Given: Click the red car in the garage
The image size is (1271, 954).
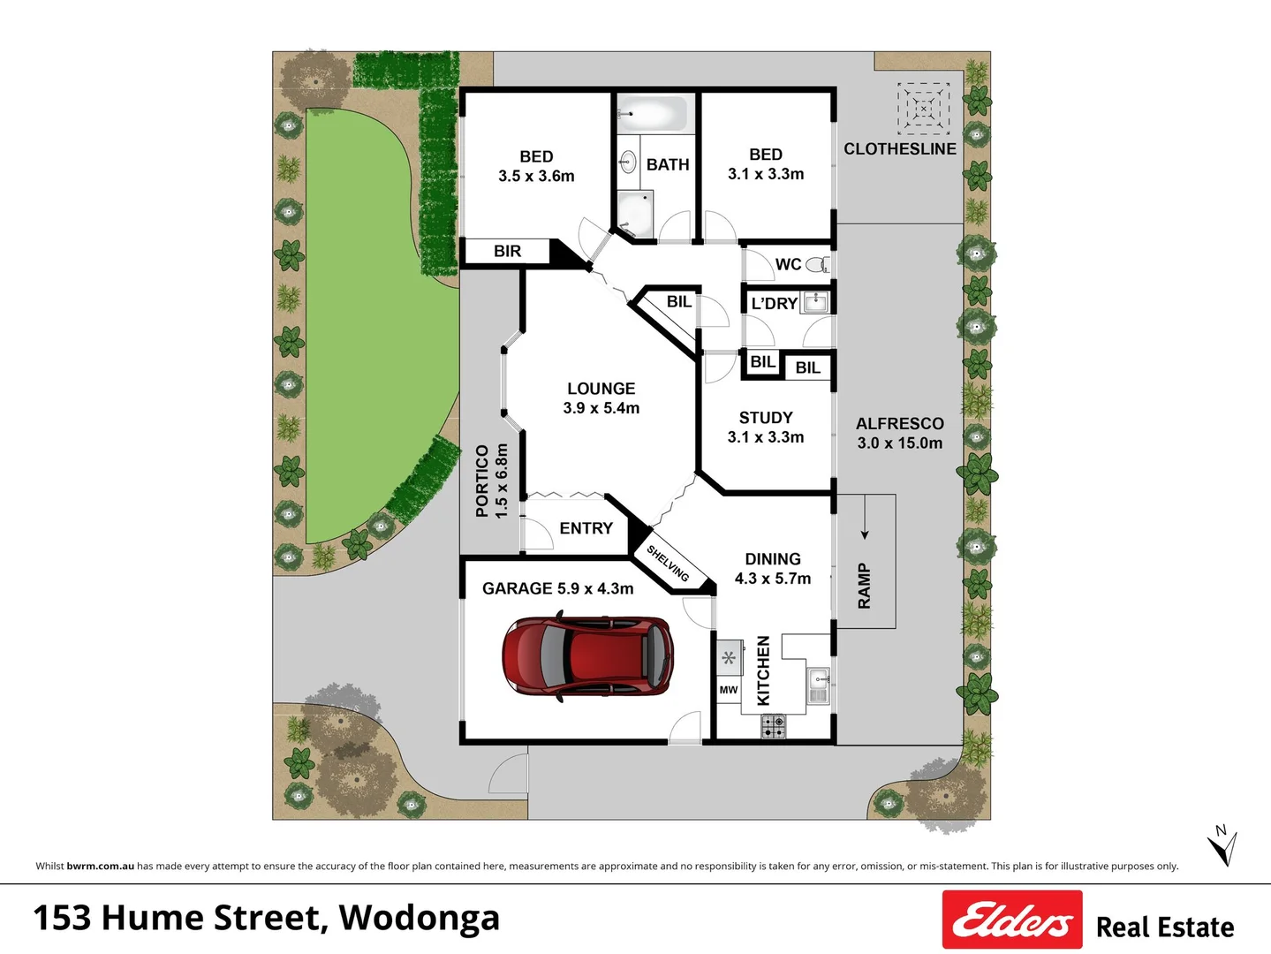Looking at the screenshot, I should click(587, 657).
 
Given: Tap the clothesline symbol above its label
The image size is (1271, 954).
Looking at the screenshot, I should click(923, 109).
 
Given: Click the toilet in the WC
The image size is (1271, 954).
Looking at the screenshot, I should click(818, 264).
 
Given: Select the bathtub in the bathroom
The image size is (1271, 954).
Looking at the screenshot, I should click(652, 115).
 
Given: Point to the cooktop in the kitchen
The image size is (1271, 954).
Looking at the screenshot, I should click(774, 727).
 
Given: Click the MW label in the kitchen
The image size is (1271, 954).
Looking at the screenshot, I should click(729, 690).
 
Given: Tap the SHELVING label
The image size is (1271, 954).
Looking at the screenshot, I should click(668, 564).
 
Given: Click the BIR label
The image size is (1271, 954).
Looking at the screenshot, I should click(507, 252).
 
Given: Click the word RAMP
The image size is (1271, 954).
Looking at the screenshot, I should click(865, 586).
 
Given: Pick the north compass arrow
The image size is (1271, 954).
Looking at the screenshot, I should click(1222, 846).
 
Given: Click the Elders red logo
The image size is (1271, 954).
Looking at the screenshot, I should click(1012, 920).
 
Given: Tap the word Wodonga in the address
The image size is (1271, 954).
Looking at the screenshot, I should click(420, 918).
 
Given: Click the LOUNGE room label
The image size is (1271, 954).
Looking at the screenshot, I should click(601, 389).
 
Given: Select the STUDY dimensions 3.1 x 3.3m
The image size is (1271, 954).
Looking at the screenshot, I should click(766, 437).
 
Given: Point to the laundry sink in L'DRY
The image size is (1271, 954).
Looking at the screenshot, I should click(816, 302).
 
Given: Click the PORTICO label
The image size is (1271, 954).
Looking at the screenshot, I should click(482, 481).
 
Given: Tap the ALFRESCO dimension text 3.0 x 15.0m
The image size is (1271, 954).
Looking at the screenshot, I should click(899, 443).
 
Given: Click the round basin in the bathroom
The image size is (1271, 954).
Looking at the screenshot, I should click(628, 162).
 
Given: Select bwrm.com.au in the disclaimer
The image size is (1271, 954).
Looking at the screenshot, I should click(101, 866).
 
